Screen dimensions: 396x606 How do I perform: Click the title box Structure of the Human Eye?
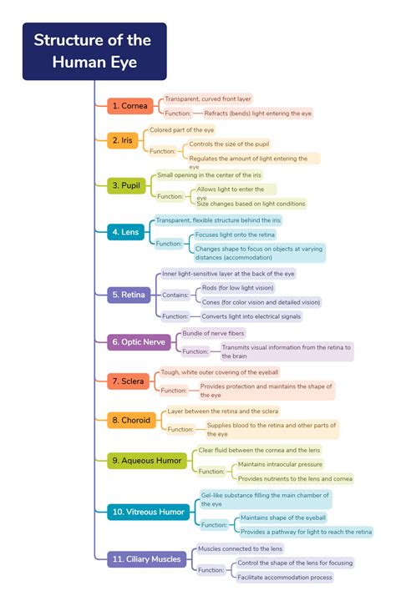coord(94,52)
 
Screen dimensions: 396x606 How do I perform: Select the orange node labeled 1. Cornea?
coord(130,106)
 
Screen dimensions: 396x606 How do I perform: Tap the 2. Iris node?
coord(122,140)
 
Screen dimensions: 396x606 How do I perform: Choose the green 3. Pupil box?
coord(126,185)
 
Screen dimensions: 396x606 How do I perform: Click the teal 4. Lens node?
coord(125,232)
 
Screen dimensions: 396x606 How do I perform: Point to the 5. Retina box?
coord(129,295)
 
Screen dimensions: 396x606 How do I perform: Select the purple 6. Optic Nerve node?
coord(139,342)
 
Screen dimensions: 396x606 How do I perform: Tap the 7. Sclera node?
coord(128,381)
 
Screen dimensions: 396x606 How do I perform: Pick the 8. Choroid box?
coord(131,420)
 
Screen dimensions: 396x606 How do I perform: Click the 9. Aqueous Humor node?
coord(146,461)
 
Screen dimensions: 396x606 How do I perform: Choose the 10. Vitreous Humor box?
coord(148,512)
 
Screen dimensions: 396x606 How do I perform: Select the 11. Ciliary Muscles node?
coord(146,559)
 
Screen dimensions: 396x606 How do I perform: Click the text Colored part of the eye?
coord(182,130)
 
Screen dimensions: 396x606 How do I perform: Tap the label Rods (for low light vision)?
coord(238,288)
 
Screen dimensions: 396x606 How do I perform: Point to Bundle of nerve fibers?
coord(213,333)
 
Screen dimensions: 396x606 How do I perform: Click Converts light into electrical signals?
coord(251,316)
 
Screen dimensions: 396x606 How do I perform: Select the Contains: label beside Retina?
coord(175,295)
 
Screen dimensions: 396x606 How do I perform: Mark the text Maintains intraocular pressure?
coord(280,465)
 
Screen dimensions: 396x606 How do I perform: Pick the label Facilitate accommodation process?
coord(285,578)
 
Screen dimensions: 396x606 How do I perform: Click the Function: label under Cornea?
coord(178,114)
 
